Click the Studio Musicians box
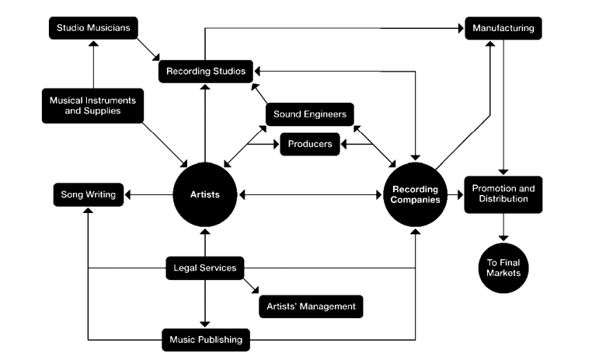click(x=94, y=29)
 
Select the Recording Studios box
click(x=205, y=72)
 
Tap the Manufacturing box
click(x=503, y=29)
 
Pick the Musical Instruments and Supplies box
click(x=92, y=107)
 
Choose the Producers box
click(x=310, y=144)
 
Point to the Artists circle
click(x=204, y=194)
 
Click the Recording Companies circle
click(x=416, y=194)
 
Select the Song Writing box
click(x=89, y=194)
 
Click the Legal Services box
click(x=204, y=269)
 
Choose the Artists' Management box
click(x=311, y=306)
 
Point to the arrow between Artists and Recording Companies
click(x=310, y=194)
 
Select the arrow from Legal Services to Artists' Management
click(x=249, y=284)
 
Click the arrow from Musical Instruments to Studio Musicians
click(x=93, y=66)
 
